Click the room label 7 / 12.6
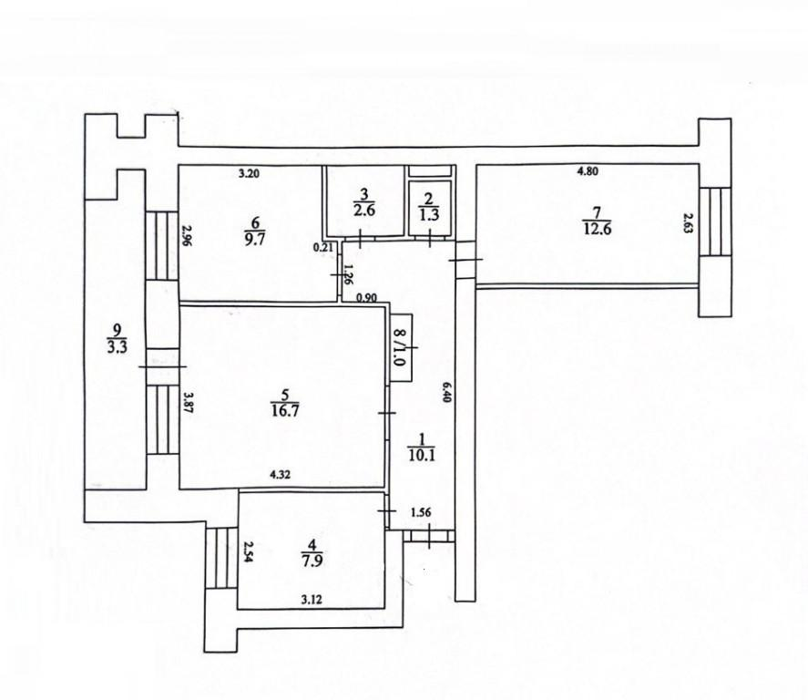tap(598, 221)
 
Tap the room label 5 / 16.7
tap(284, 403)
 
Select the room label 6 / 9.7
tap(255, 231)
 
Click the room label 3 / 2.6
tap(363, 202)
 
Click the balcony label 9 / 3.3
tap(117, 338)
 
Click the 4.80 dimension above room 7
tap(587, 171)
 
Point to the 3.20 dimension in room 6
tap(249, 174)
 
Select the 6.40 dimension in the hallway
tap(446, 391)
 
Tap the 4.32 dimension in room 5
tap(281, 475)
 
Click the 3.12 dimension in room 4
tap(312, 600)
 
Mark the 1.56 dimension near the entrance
tap(421, 512)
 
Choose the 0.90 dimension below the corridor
tap(367, 297)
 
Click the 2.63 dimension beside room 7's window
tap(687, 223)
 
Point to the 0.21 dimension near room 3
tap(323, 247)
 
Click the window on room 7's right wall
tap(715, 221)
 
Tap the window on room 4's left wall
tap(221, 558)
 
